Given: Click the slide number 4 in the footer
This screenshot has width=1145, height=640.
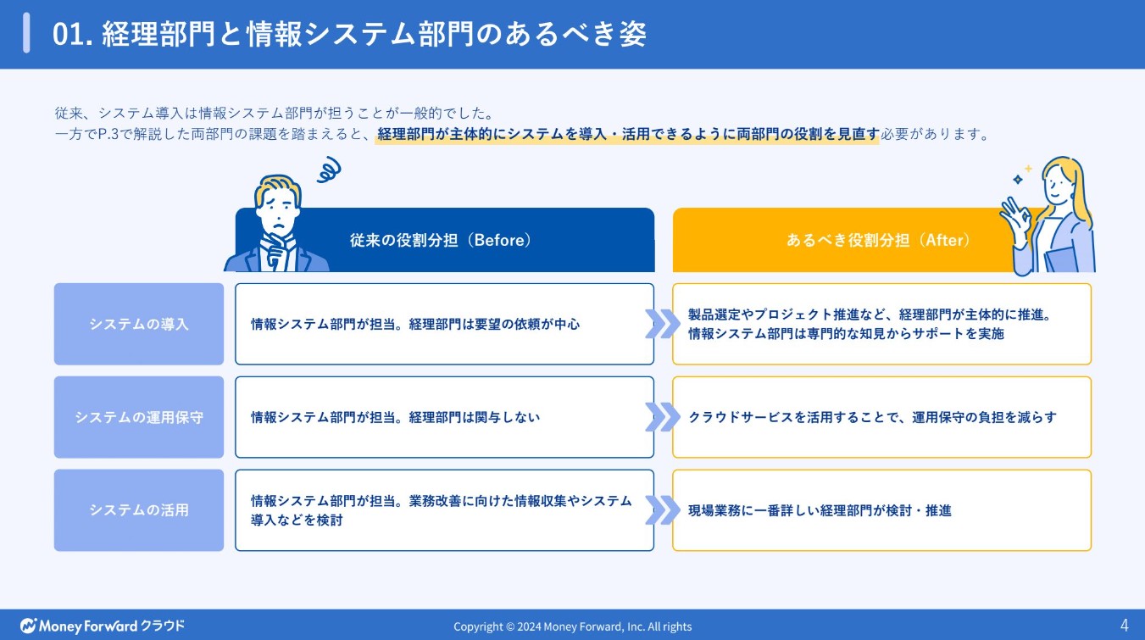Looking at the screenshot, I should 1124,626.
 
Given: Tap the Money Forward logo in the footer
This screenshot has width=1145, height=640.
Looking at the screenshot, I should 102,626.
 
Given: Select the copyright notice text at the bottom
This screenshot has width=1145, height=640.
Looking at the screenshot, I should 572,626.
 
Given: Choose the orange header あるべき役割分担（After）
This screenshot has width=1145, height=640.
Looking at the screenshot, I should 877,240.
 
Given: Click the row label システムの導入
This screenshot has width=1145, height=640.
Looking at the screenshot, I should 139,324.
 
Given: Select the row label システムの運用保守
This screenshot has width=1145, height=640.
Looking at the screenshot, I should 139,417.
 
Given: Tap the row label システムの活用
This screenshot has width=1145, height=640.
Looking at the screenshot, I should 139,510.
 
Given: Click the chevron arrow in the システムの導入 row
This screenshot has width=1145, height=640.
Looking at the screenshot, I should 663,324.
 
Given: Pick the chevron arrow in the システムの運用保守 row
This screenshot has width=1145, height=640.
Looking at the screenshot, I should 663,417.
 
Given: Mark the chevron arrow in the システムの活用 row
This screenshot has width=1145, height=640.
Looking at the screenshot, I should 663,510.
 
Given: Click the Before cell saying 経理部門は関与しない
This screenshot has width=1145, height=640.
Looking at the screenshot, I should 444,417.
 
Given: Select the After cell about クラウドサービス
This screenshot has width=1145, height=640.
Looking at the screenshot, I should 881,417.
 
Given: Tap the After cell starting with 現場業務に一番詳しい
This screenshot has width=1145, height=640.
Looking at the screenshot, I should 881,510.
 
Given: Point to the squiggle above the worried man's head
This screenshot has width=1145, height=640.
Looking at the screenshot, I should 326,170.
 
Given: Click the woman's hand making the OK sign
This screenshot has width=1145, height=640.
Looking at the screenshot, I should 1014,213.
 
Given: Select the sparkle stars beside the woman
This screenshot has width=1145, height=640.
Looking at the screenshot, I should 1022,175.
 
